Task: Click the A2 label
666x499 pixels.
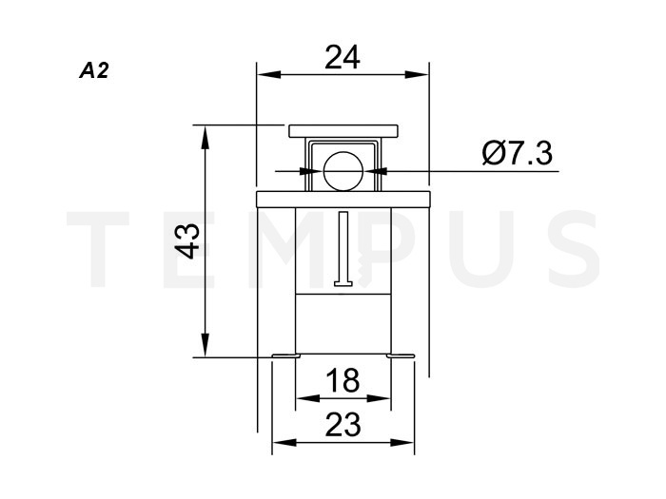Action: point(94,70)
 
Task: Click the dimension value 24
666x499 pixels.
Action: point(343,57)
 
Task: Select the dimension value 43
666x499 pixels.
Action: point(188,240)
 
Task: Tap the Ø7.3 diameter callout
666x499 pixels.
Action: point(518,153)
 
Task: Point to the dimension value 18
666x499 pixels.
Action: point(343,380)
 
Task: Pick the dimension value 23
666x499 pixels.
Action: point(343,424)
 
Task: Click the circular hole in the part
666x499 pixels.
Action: point(343,171)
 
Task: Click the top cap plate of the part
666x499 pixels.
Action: point(343,131)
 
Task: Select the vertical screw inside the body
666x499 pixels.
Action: point(343,249)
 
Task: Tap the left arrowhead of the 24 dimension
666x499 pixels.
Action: point(269,75)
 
